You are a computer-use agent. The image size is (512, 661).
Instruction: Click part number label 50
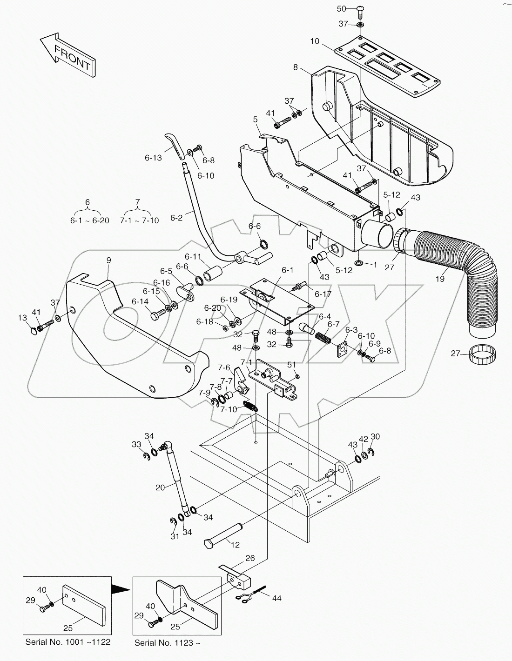[x=341, y=9]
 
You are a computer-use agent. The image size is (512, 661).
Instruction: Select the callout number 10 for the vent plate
[x=315, y=41]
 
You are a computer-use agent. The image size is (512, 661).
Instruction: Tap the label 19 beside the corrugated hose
[x=440, y=279]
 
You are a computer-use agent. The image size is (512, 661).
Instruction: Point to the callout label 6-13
[x=153, y=158]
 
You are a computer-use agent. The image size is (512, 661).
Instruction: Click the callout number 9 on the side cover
[x=108, y=260]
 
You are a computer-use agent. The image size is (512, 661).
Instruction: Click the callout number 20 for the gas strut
[x=160, y=487]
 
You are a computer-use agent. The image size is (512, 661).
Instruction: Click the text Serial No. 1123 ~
[x=168, y=643]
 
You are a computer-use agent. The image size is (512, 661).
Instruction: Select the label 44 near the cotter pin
[x=276, y=598]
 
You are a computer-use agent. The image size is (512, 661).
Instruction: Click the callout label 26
[x=250, y=558]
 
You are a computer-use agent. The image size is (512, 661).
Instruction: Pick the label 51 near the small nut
[x=291, y=365]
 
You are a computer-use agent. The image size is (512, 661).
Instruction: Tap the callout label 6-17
[x=323, y=294]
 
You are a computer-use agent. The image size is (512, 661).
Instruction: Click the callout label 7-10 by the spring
[x=229, y=409]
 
